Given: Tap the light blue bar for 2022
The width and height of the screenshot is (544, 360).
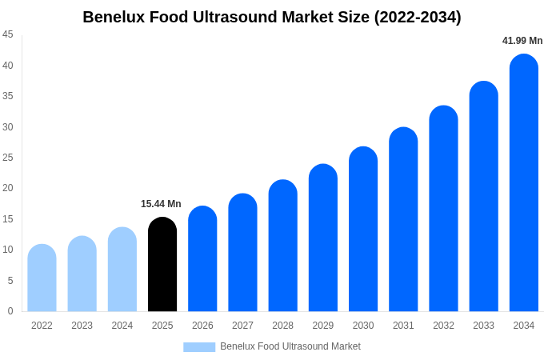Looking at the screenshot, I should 42,278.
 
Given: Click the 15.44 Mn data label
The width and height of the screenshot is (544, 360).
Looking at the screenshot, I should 161,204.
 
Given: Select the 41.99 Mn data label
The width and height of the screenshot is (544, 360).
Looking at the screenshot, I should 522,41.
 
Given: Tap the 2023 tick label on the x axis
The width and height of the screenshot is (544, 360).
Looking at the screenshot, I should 82,326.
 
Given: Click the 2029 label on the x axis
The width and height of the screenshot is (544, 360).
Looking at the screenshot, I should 323,326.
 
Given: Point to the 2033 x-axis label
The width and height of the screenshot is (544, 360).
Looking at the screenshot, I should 483,326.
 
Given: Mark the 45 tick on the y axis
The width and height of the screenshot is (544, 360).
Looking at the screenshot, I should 8,34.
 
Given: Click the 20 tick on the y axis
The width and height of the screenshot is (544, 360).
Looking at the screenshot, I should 8,188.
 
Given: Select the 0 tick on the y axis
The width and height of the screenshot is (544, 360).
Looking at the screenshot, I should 10,311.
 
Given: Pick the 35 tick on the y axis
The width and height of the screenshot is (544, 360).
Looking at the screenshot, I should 8,96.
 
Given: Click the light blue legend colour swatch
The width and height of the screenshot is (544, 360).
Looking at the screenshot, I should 199,347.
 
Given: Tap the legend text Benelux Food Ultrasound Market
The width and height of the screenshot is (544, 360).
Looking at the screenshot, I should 290,346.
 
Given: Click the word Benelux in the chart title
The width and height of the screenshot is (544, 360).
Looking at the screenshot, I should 114,17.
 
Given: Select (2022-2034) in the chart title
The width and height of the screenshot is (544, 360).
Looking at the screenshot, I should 418,17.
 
